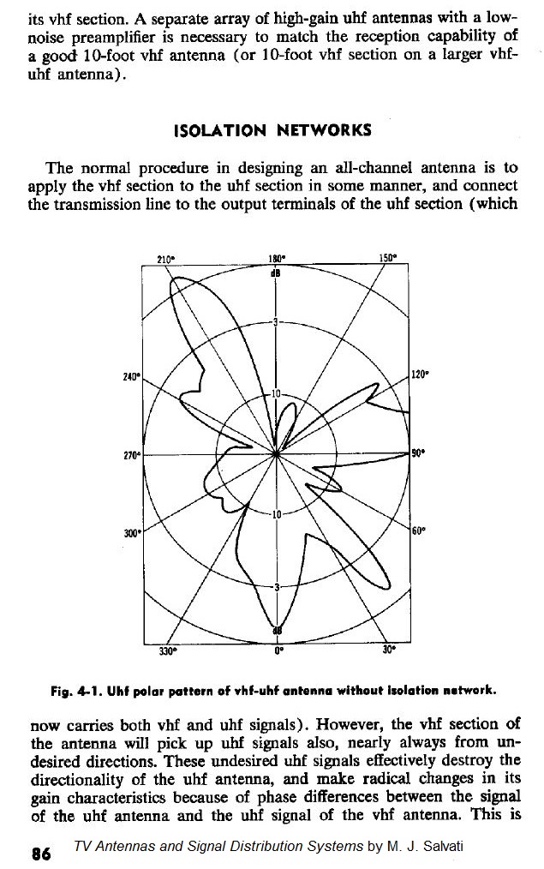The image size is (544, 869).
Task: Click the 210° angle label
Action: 166,259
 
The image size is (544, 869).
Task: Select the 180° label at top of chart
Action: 276,259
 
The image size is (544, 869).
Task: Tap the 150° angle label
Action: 387,259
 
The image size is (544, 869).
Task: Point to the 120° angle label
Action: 419,375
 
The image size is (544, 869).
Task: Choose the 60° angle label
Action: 417,531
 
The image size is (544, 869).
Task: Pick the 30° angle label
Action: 388,650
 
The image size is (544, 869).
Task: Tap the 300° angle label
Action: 132,532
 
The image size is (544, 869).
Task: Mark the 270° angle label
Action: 131,453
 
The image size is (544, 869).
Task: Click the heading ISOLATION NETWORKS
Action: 272,130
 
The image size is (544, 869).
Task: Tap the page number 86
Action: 41,854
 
